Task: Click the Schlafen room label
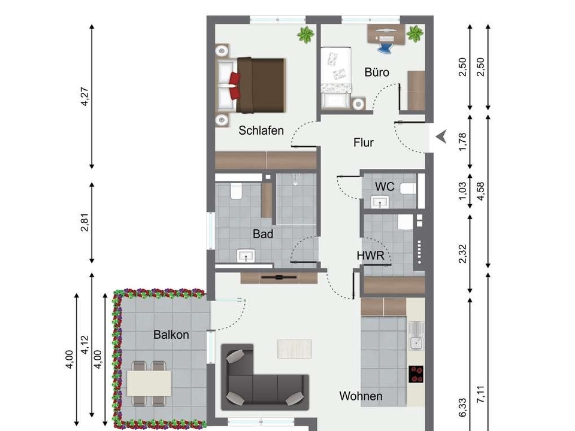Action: [x=261, y=130]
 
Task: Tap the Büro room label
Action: [x=377, y=72]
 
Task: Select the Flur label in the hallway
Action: [x=364, y=142]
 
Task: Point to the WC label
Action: [x=385, y=187]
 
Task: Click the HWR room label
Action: [x=370, y=256]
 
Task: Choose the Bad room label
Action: [x=263, y=234]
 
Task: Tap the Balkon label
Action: [x=171, y=335]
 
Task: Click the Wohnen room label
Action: [x=361, y=396]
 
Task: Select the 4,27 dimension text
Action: [x=84, y=96]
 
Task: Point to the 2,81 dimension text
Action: [x=84, y=223]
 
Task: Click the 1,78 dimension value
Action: [x=462, y=141]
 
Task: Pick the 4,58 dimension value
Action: [x=480, y=192]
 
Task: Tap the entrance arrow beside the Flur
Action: [x=441, y=136]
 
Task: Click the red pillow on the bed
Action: [x=235, y=86]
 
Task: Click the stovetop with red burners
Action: [x=416, y=374]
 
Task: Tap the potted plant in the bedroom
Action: [x=305, y=35]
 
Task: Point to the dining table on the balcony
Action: [x=149, y=383]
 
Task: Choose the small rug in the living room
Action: [x=295, y=349]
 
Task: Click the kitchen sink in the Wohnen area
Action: [x=416, y=336]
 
